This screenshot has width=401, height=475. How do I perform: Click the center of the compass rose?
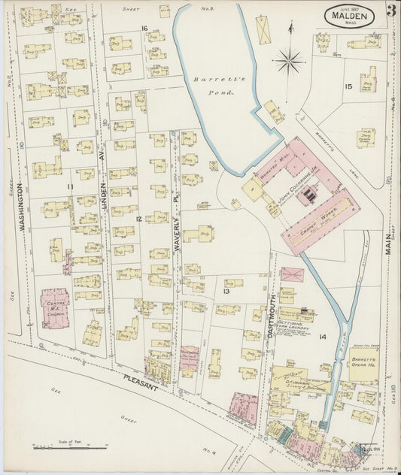click(290, 59)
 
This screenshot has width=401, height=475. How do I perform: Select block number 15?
click(348, 86)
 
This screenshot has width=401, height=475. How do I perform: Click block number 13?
click(226, 289)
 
